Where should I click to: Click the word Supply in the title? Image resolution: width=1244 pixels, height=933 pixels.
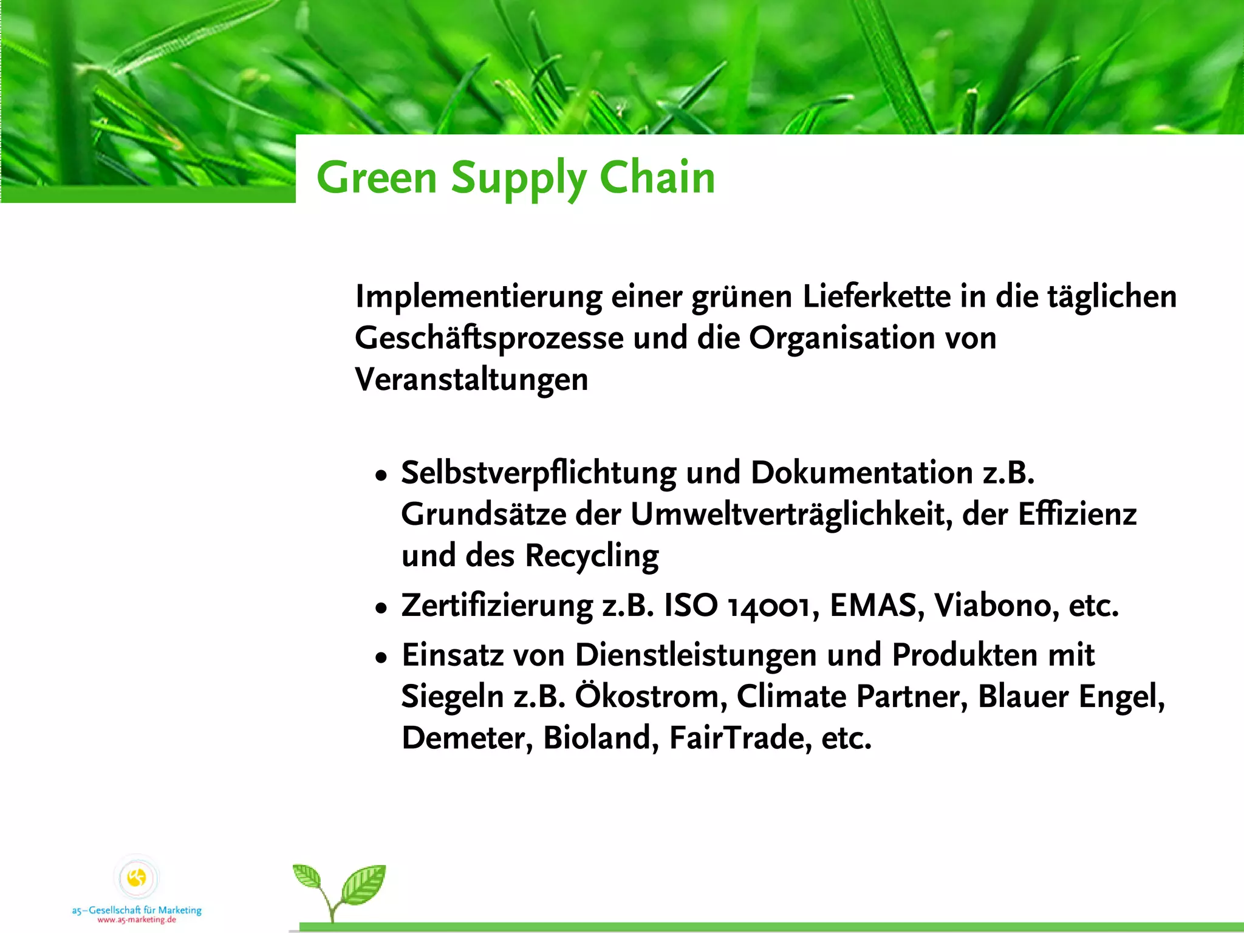pos(518,178)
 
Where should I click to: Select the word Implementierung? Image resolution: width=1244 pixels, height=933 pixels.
pos(479,297)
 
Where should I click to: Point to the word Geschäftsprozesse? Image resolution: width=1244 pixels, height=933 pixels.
pos(489,338)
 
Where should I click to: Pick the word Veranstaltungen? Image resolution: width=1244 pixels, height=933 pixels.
pos(471,380)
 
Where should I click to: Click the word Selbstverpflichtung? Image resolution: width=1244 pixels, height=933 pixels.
pos(539,473)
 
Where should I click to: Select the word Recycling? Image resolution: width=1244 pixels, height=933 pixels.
pos(592,556)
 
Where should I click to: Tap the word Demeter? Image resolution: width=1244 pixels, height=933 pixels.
pos(467,738)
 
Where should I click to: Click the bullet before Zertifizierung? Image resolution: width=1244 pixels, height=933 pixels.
pos(381,607)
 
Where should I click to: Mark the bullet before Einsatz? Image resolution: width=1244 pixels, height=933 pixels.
pos(381,657)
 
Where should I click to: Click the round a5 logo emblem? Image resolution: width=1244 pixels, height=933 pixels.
pos(137,878)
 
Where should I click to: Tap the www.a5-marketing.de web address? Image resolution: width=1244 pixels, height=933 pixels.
pos(137,920)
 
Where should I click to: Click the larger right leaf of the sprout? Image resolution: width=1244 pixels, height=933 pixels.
pos(364,884)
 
